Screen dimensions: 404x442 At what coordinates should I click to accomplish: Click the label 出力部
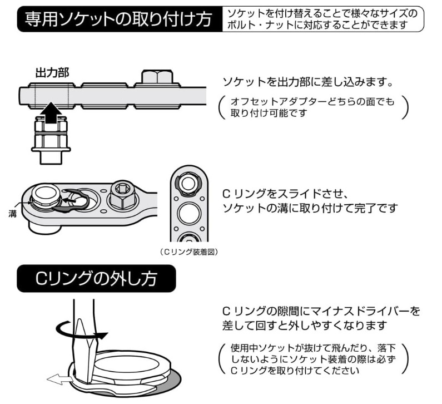(x=52, y=73)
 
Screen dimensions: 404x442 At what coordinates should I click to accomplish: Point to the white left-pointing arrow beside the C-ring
(x=58, y=380)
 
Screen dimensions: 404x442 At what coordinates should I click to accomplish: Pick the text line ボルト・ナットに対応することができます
(x=322, y=26)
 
